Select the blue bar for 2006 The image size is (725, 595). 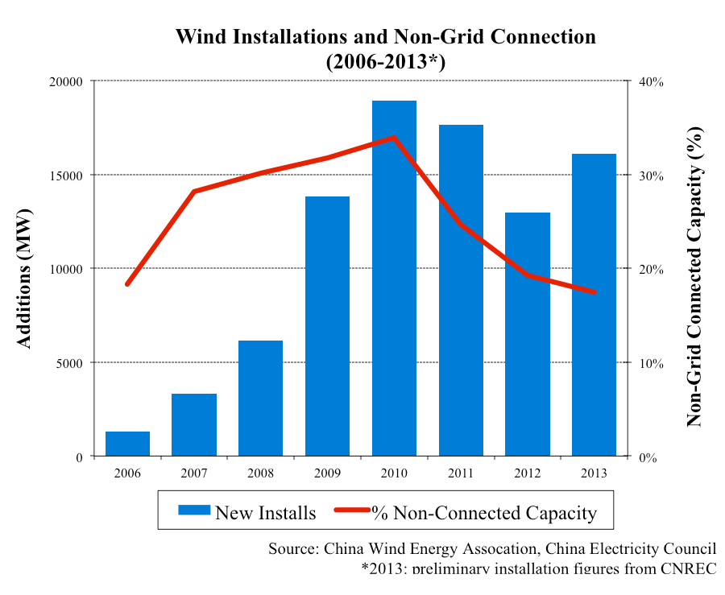[x=127, y=444]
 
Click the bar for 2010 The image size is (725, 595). [x=394, y=278]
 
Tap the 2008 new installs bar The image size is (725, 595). [x=260, y=398]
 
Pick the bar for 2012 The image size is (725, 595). [x=528, y=334]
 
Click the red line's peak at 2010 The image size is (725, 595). [x=394, y=138]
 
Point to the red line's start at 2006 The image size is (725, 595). [x=127, y=284]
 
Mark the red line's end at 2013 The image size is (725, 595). [x=594, y=291]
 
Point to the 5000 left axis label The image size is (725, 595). [x=69, y=363]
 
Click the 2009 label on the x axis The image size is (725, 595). [x=327, y=472]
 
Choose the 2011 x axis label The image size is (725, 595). [x=461, y=472]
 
